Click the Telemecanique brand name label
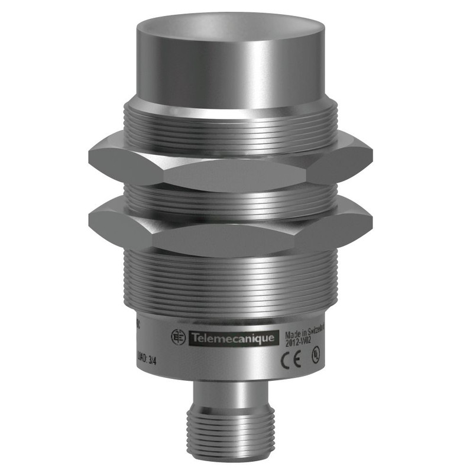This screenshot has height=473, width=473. pos(231,338)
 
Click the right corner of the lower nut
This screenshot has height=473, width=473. pos(371,220)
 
